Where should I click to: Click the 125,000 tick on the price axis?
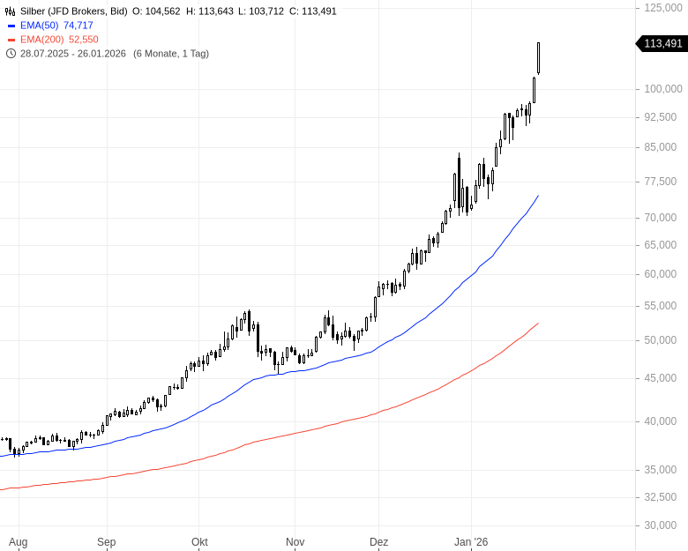point(663,7)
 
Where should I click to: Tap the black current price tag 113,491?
point(662,43)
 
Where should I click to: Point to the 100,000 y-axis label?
point(663,89)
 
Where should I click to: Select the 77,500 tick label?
point(666,182)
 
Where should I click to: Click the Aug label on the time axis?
point(18,542)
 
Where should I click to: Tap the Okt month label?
point(199,542)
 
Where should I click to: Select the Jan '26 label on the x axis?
point(470,542)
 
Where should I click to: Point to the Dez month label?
point(378,542)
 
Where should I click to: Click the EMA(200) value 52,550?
point(84,40)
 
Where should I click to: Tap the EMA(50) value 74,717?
point(79,26)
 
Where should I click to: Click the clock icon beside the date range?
point(11,54)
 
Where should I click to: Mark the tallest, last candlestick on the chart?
point(538,58)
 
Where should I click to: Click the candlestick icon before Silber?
point(11,11)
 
